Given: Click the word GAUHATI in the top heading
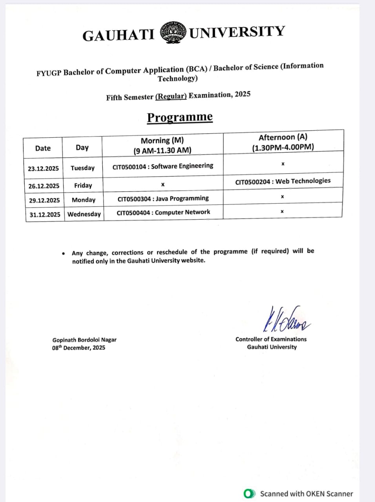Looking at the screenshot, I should click(x=118, y=35).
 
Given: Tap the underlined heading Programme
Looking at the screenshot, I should click(x=180, y=117).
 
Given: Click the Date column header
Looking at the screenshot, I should click(x=43, y=148).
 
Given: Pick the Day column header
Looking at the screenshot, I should click(x=82, y=147).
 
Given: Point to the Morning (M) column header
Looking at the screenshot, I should click(x=162, y=145).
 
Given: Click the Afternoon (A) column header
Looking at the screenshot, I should click(x=283, y=142).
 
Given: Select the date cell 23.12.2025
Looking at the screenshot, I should click(x=43, y=169).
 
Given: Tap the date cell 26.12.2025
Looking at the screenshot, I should click(x=44, y=186).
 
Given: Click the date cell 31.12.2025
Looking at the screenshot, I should click(x=45, y=215).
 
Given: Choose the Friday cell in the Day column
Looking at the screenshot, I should click(x=83, y=186).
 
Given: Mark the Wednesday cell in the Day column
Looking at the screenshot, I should click(x=84, y=214).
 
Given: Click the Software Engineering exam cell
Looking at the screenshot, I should click(x=163, y=166).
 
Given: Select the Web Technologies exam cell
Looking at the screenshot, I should click(x=283, y=181).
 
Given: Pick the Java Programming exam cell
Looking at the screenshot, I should click(x=163, y=198).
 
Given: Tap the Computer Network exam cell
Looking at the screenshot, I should click(x=163, y=213).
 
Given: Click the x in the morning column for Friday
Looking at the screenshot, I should click(x=162, y=184).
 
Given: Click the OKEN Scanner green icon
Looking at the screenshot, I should click(x=249, y=494).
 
